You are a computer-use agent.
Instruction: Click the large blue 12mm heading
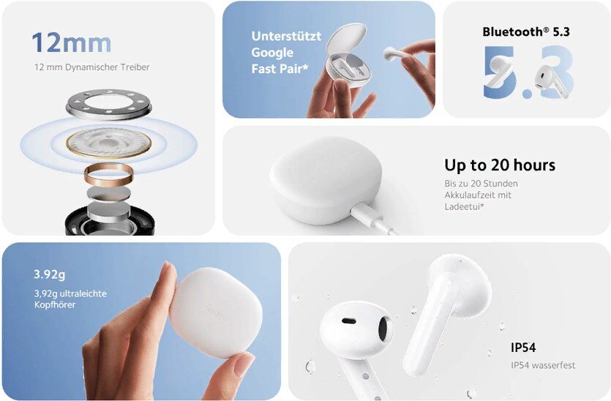pos(71,42)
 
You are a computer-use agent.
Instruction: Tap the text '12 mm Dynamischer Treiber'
pos(92,67)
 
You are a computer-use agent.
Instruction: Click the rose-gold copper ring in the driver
pos(109,175)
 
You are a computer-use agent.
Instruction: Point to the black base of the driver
pos(110,223)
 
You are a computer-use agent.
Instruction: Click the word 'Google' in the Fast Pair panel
pos(272,53)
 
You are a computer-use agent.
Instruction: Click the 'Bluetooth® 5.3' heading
pos(526,32)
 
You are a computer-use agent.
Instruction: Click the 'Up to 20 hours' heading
pos(500,165)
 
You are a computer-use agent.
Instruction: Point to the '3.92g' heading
pos(50,274)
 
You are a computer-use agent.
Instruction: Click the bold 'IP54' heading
pos(523,348)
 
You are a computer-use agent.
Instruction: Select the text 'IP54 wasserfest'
pos(543,366)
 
